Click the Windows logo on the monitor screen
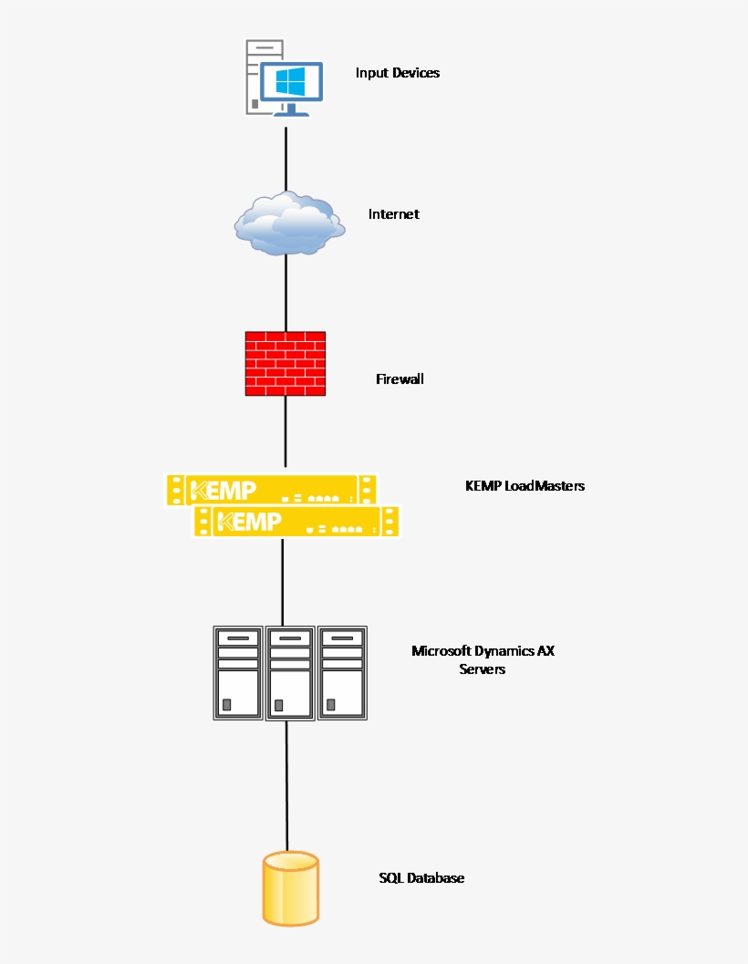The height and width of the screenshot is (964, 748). click(290, 82)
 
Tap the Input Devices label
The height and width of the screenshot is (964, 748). click(397, 73)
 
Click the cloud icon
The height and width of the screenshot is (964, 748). click(288, 223)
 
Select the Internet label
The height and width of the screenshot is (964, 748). click(393, 214)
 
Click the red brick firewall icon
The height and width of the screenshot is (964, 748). click(286, 363)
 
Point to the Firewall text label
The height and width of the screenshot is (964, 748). click(400, 378)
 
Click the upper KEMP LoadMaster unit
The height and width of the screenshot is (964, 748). click(271, 490)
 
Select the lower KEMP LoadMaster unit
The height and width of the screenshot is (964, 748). click(297, 522)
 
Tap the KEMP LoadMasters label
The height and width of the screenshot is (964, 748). click(525, 486)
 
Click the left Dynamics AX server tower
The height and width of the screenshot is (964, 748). click(238, 673)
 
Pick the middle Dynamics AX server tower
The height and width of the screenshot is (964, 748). click(290, 673)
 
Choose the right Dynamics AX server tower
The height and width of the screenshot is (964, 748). click(342, 673)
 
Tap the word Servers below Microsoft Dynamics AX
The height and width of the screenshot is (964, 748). click(482, 669)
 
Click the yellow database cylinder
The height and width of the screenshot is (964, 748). click(291, 888)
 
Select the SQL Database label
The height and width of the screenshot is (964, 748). click(421, 878)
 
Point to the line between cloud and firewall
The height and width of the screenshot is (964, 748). click(286, 292)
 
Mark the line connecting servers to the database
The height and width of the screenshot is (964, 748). click(287, 784)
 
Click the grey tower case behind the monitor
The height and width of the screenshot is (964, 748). click(253, 78)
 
